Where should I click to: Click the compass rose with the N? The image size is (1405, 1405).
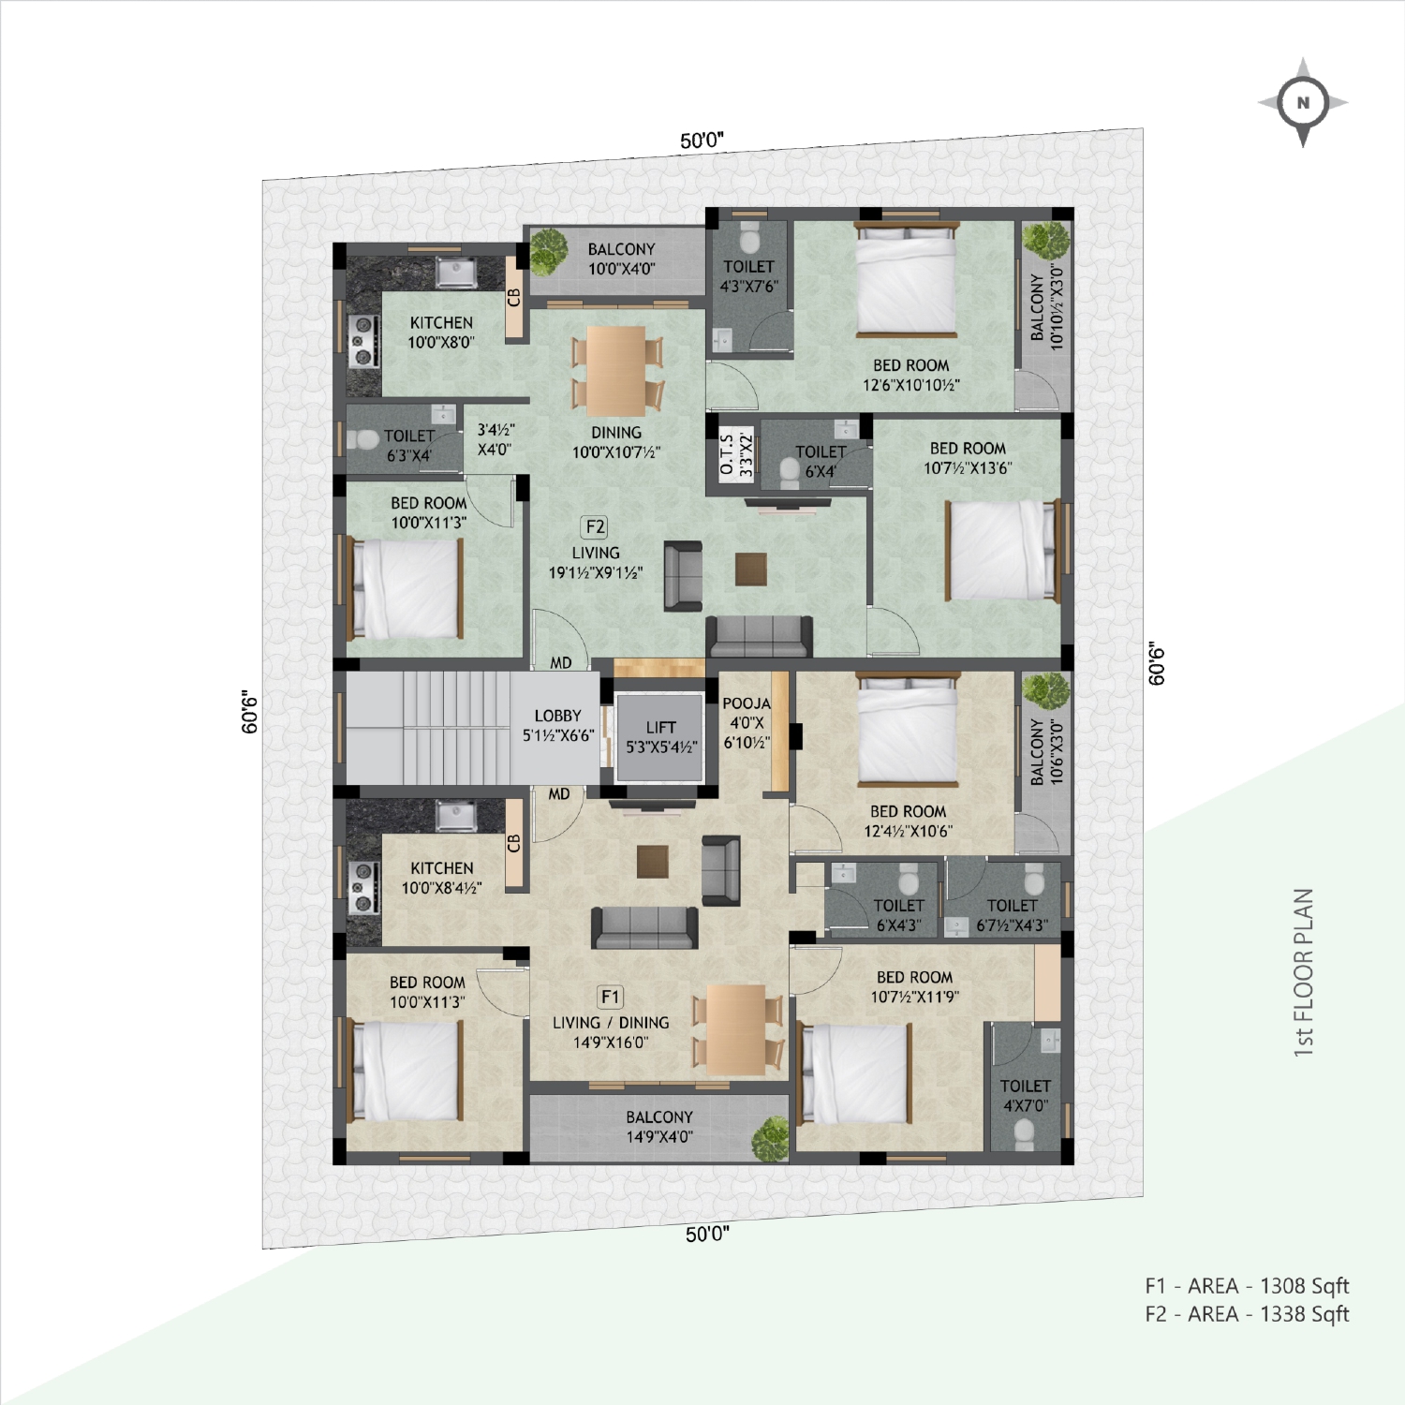click(1303, 102)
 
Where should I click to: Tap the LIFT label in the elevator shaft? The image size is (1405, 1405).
click(660, 727)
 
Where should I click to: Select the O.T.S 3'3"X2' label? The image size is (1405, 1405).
click(736, 455)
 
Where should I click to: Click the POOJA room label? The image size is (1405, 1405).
click(747, 703)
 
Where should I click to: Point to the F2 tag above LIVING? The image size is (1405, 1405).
click(595, 527)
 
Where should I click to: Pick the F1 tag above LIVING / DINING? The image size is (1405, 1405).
click(610, 997)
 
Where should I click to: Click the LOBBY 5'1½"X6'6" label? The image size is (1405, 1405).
click(558, 725)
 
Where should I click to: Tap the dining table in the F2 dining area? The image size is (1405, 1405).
click(617, 371)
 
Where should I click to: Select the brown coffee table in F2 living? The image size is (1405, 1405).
click(751, 569)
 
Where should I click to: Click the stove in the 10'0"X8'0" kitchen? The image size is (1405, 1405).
click(363, 341)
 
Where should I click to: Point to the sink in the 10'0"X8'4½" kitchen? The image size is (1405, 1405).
click(456, 817)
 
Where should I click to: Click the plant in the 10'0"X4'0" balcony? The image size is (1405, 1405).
click(549, 251)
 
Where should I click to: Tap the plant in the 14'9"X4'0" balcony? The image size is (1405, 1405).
click(771, 1138)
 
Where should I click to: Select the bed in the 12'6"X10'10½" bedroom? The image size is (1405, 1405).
click(907, 279)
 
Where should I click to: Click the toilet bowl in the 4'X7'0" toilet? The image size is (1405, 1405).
click(1025, 1135)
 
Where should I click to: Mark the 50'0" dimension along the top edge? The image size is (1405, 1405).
click(702, 140)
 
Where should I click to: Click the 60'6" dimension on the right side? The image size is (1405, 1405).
click(1157, 664)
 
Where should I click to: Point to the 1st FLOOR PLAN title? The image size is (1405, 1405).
click(1303, 972)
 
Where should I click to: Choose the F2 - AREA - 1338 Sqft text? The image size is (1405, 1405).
click(1247, 1314)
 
